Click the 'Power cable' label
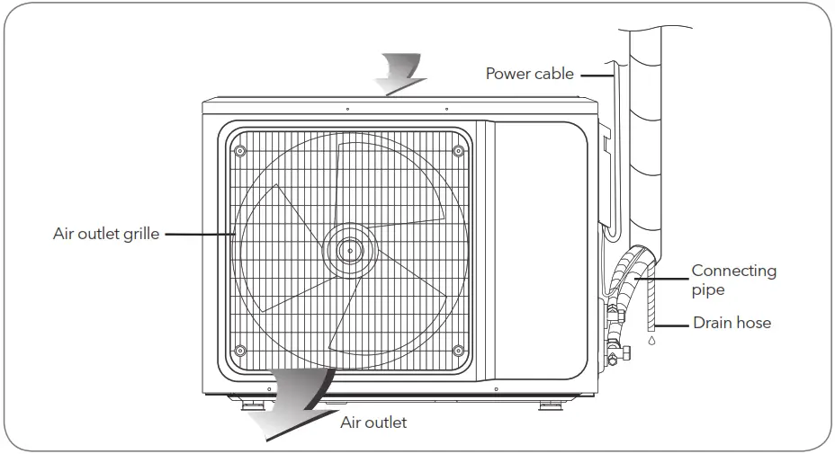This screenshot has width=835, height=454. pyautogui.click(x=529, y=74)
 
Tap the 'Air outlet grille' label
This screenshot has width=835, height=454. pyautogui.click(x=106, y=235)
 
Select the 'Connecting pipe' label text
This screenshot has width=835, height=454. pyautogui.click(x=733, y=280)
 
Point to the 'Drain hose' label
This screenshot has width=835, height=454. pyautogui.click(x=732, y=322)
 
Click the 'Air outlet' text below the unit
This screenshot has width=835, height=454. pyautogui.click(x=373, y=422)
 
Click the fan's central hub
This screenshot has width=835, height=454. pyautogui.click(x=350, y=245)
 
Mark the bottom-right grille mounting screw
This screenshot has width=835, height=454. pyautogui.click(x=459, y=350)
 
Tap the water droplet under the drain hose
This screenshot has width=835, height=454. pyautogui.click(x=654, y=342)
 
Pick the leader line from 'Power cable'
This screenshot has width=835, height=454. pyautogui.click(x=596, y=75)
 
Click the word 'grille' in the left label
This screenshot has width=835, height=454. pyautogui.click(x=142, y=235)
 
